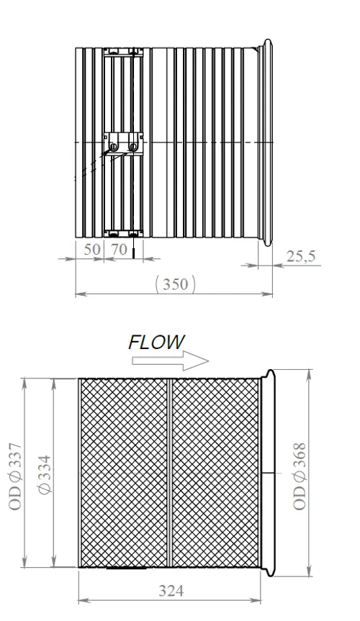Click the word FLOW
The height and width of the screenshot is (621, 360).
coord(157,343)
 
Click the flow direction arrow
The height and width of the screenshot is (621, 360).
coord(170,361)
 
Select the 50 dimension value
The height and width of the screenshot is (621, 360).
coord(92,249)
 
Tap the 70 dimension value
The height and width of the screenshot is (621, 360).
coord(119,249)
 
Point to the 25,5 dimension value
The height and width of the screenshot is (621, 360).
coord(301,257)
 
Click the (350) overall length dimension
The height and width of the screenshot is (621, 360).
coord(175,284)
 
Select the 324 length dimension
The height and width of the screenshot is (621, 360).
coord(171,591)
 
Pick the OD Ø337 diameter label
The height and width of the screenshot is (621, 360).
coord(15,477)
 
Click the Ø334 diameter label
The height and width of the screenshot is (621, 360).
coord(45,474)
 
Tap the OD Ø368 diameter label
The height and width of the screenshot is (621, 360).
coord(300,476)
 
